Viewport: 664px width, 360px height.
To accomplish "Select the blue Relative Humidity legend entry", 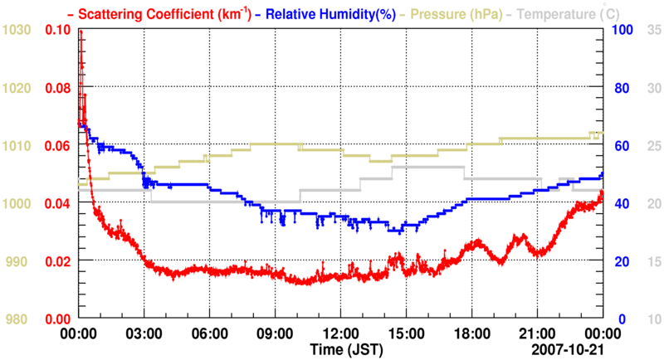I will coord(327,13).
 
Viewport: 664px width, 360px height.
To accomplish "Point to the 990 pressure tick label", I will coord(19,261).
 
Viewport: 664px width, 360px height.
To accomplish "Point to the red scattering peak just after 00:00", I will coord(81,33).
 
